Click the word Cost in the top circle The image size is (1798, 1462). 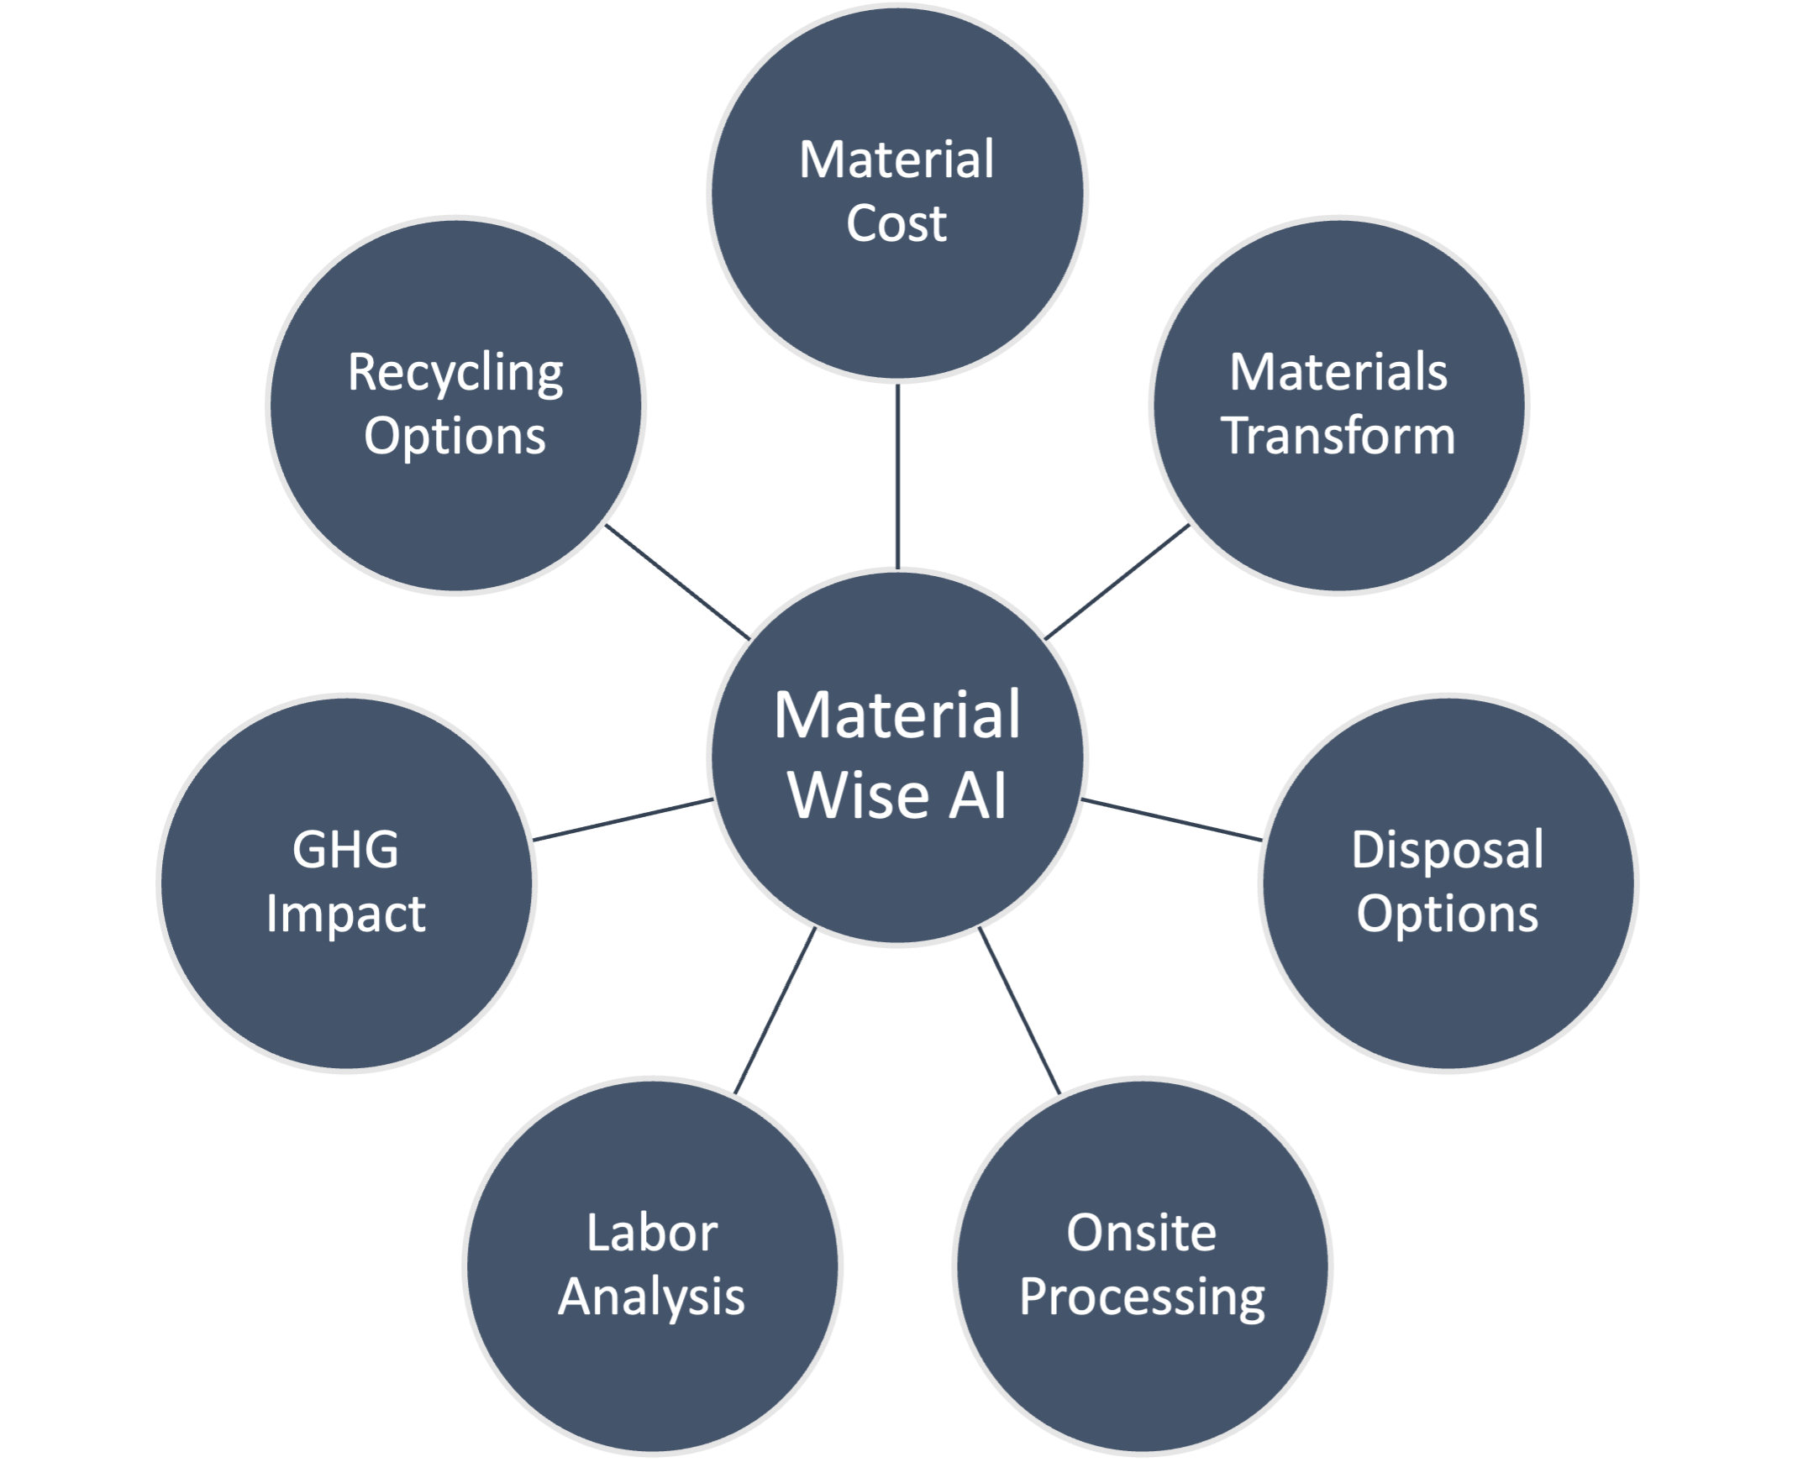tap(896, 224)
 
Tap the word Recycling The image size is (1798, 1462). tap(455, 373)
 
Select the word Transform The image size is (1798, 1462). tap(1338, 435)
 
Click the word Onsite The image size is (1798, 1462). tap(1142, 1233)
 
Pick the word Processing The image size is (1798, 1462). tap(1142, 1297)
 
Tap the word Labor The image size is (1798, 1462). tap(651, 1233)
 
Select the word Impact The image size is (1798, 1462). tap(345, 914)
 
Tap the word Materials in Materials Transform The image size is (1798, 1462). tap(1338, 372)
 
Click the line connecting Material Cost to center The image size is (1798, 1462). tap(897, 476)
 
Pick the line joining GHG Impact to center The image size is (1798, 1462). tap(623, 820)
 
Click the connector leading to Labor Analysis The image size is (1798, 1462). tap(775, 1010)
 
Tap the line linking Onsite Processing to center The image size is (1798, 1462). tap(1019, 1010)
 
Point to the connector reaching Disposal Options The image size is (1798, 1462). tap(1171, 820)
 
